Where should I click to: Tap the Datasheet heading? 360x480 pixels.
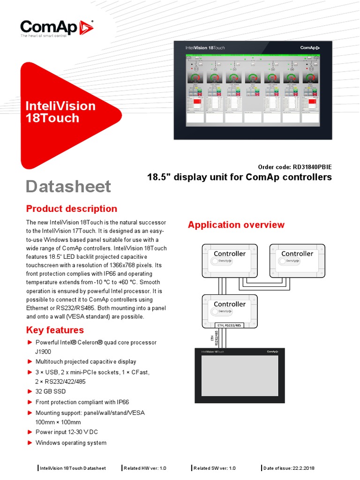click(68, 187)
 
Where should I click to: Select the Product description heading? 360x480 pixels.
click(71, 209)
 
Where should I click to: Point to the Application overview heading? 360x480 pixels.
click(236, 225)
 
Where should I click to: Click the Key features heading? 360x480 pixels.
click(55, 330)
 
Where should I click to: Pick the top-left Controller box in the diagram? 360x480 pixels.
click(229, 261)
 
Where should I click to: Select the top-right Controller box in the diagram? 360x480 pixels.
click(297, 261)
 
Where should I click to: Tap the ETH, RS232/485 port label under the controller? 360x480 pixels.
click(230, 324)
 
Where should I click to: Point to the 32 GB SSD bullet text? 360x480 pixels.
click(51, 391)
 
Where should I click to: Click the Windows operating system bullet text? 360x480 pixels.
click(71, 442)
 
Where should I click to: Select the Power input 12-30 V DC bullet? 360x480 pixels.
click(67, 432)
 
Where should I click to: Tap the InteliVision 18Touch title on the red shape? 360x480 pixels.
click(60, 112)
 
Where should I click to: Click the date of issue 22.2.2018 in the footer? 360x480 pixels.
click(289, 468)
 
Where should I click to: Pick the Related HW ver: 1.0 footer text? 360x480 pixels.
click(145, 468)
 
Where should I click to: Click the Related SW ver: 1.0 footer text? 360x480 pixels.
click(215, 468)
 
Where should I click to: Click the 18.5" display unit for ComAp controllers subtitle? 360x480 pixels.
click(239, 177)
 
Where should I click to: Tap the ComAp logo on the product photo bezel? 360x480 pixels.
click(310, 47)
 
